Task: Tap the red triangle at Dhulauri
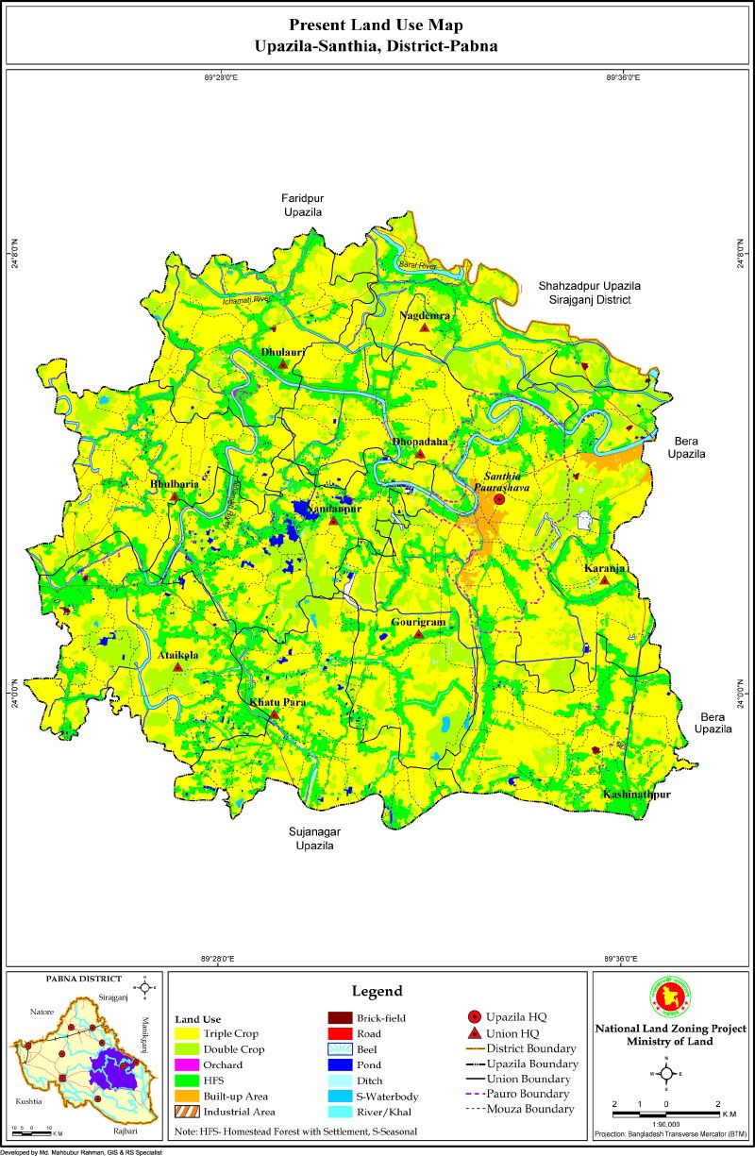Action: coord(282,363)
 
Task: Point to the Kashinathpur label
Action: coord(637,796)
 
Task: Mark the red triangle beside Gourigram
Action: coord(418,634)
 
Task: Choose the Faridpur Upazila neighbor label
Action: coord(302,205)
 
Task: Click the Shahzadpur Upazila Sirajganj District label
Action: coord(590,292)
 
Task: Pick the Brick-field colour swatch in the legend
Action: coord(341,1017)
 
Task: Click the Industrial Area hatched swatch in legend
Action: coord(189,1112)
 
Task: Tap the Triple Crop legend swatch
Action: coord(189,1033)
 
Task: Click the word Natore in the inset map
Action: coord(42,1011)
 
